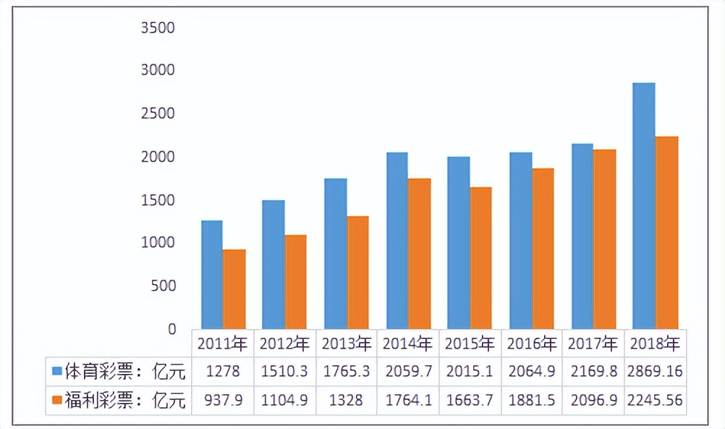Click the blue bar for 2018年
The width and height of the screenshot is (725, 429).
coord(643,206)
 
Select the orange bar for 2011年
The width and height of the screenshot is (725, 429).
coord(234,289)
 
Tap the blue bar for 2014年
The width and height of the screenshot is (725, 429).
coord(397,241)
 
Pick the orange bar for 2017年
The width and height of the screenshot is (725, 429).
coord(605,239)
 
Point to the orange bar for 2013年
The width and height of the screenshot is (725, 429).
coord(357,272)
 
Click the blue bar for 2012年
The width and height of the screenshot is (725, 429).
coord(274,265)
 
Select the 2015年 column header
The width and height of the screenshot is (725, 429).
coord(470,343)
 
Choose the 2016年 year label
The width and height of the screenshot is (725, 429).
coord(532,343)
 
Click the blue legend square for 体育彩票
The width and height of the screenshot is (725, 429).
coord(56,372)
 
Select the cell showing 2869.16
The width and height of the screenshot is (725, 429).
coord(655,372)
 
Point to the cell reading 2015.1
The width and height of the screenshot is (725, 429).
coord(470,372)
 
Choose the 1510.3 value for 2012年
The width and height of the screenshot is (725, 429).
coord(284,372)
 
